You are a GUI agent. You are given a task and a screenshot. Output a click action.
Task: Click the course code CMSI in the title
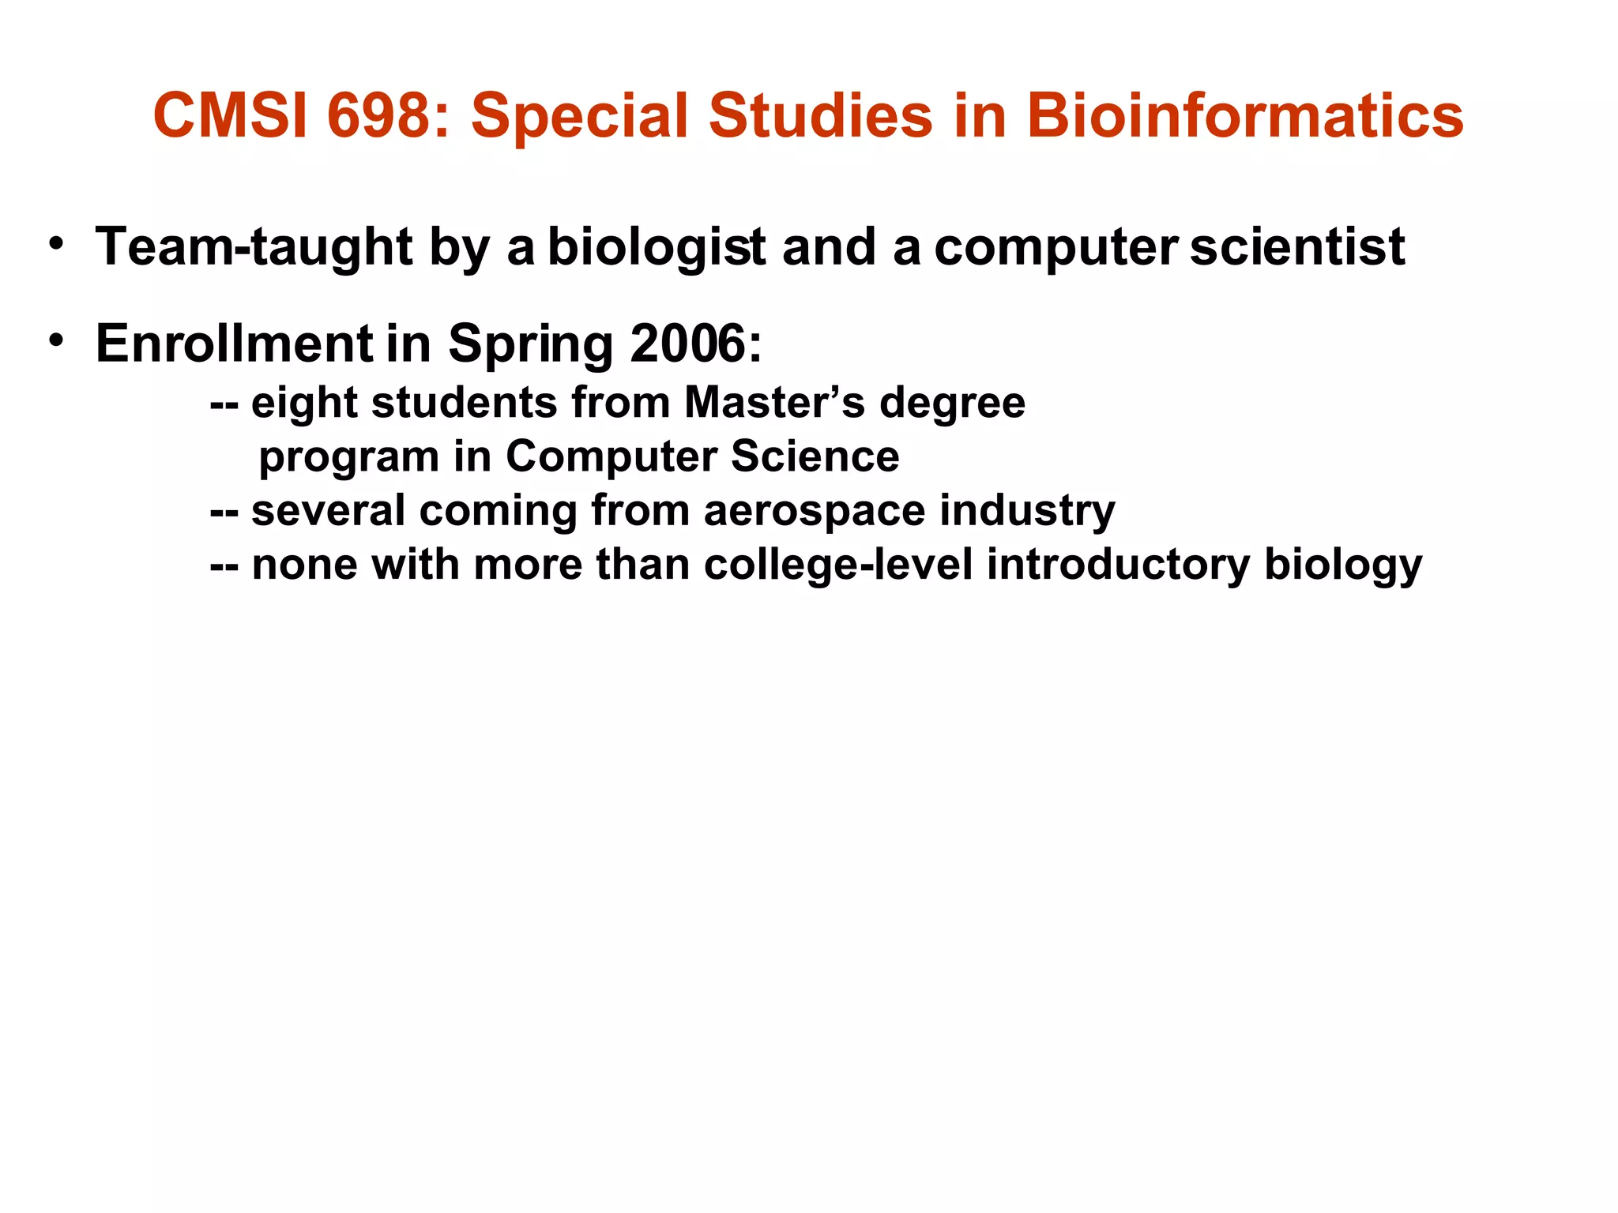pos(230,115)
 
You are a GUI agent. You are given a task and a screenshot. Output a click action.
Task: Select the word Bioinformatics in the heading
pos(1244,115)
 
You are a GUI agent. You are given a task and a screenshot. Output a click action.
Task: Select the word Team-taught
pos(254,246)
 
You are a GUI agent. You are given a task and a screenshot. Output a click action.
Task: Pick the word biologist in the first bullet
pos(656,248)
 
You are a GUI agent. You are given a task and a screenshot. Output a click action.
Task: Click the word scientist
pos(1297,246)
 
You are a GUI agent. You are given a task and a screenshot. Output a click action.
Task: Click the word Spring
pos(530,346)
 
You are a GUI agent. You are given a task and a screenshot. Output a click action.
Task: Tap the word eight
pos(304,404)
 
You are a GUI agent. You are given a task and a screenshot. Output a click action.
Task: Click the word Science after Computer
pos(815,456)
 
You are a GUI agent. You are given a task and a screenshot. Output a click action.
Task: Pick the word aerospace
pos(814,512)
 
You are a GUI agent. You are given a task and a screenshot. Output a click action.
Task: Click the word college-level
pos(838,565)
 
